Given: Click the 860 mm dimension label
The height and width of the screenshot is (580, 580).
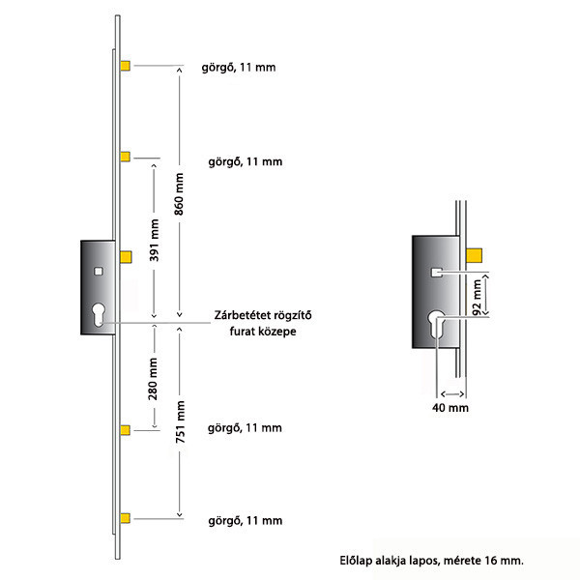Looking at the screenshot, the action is pyautogui.click(x=179, y=194).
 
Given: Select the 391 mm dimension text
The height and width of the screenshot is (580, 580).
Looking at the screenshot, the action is pyautogui.click(x=154, y=241).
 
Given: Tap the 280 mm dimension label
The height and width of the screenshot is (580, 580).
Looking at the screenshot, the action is pyautogui.click(x=153, y=379).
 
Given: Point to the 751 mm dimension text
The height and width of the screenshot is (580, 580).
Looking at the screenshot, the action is pyautogui.click(x=180, y=422).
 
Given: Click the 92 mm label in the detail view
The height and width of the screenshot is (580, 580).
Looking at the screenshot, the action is pyautogui.click(x=478, y=298).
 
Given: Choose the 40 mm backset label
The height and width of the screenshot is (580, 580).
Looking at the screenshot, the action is pyautogui.click(x=450, y=408).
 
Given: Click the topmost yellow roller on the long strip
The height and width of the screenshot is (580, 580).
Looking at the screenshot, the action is pyautogui.click(x=125, y=66).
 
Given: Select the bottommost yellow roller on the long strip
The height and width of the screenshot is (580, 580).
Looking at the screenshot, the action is pyautogui.click(x=125, y=518).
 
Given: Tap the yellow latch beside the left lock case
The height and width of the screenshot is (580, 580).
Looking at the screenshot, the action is pyautogui.click(x=126, y=257).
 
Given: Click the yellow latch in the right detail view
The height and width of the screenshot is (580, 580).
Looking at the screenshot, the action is pyautogui.click(x=474, y=255).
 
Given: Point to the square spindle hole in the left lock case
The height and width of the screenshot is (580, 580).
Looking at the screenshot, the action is pyautogui.click(x=99, y=272).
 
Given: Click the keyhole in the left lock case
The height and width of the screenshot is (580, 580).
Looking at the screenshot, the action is pyautogui.click(x=99, y=315).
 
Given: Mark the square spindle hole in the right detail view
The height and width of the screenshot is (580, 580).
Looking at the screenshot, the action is pyautogui.click(x=437, y=273).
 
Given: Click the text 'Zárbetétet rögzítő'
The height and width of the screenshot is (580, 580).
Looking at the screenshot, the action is pyautogui.click(x=263, y=315).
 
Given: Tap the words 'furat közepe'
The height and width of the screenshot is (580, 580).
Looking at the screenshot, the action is pyautogui.click(x=263, y=331).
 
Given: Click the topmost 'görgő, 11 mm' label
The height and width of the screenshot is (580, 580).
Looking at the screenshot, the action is pyautogui.click(x=239, y=68).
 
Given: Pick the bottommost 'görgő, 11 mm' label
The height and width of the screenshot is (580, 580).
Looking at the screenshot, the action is pyautogui.click(x=246, y=521).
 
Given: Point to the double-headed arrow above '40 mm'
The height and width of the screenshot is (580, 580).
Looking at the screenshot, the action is pyautogui.click(x=452, y=394).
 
